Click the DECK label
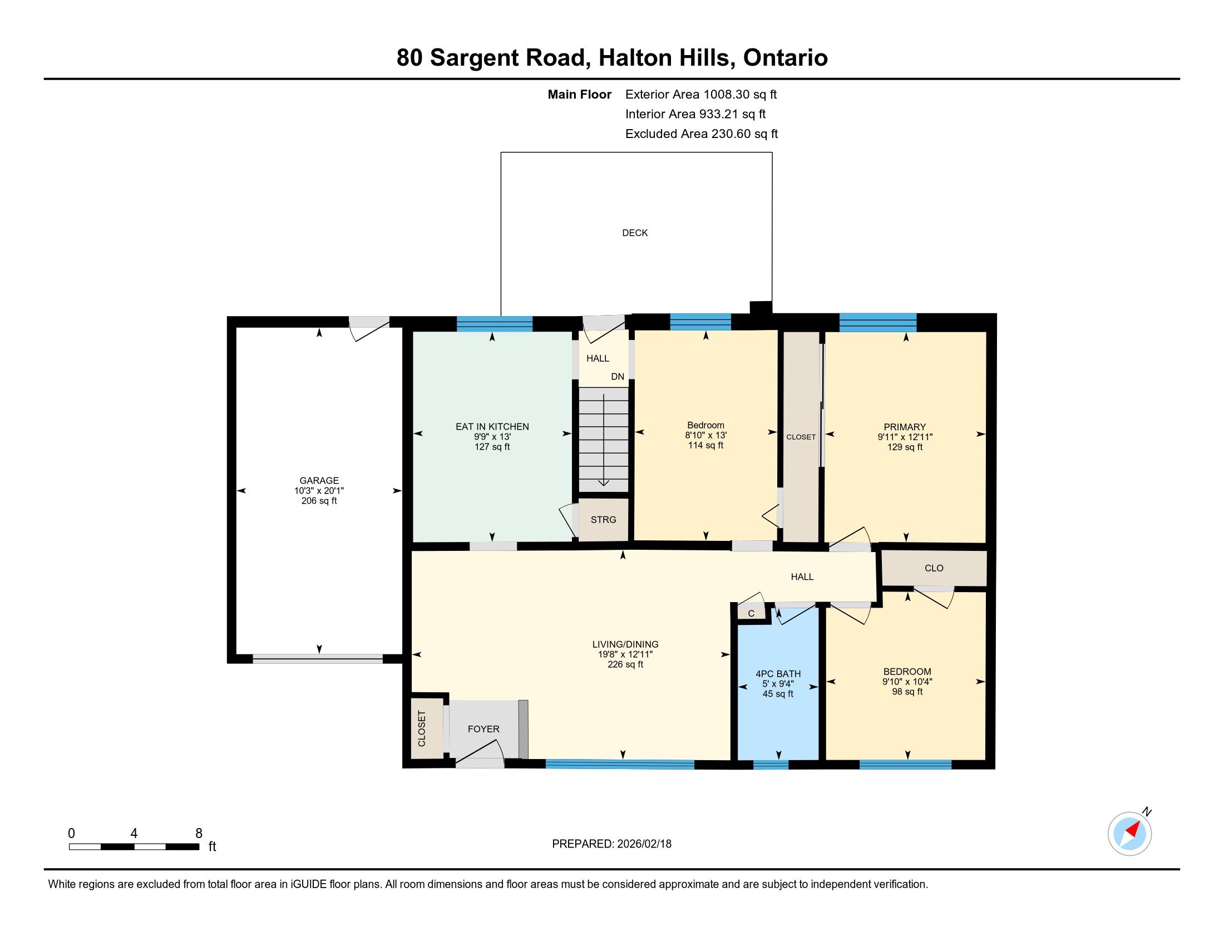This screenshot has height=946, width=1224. pyautogui.click(x=634, y=233)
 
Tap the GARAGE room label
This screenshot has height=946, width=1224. pyautogui.click(x=319, y=480)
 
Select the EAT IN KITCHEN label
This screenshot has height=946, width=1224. pyautogui.click(x=492, y=426)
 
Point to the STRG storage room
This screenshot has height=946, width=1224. pyautogui.click(x=603, y=520)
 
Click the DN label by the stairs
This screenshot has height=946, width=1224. pyautogui.click(x=618, y=377)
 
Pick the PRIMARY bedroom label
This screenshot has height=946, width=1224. pyautogui.click(x=905, y=426)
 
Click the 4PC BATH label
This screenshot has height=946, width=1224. pyautogui.click(x=778, y=674)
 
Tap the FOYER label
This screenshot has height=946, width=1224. pyautogui.click(x=483, y=728)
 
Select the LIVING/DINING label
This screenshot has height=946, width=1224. pyautogui.click(x=625, y=644)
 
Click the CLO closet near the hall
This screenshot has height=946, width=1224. pyautogui.click(x=934, y=568)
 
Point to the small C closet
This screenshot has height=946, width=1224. pyautogui.click(x=751, y=613)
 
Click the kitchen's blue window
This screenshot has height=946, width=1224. pyautogui.click(x=494, y=323)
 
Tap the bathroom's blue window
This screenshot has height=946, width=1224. pyautogui.click(x=771, y=765)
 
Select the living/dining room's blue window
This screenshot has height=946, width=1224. pyautogui.click(x=620, y=764)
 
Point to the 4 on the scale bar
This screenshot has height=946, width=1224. pyautogui.click(x=134, y=834)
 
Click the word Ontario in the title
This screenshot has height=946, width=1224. pyautogui.click(x=785, y=58)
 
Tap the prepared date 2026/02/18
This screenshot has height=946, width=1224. pyautogui.click(x=644, y=844)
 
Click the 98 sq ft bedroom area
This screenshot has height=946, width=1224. pyautogui.click(x=907, y=692)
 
